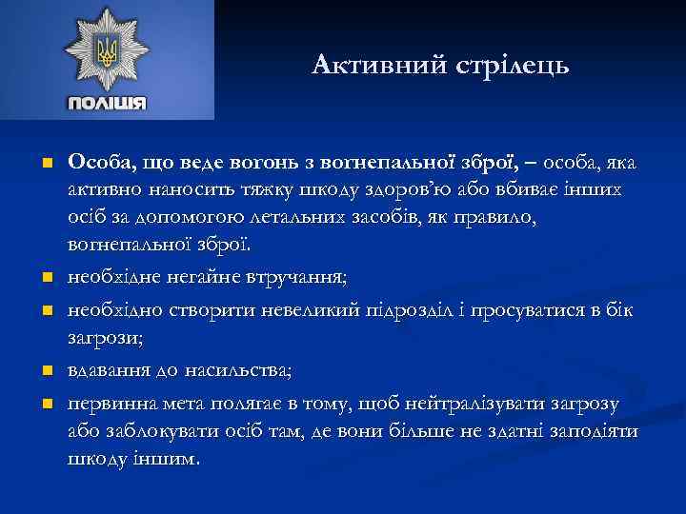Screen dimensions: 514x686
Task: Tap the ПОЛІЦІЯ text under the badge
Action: click(107, 103)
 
